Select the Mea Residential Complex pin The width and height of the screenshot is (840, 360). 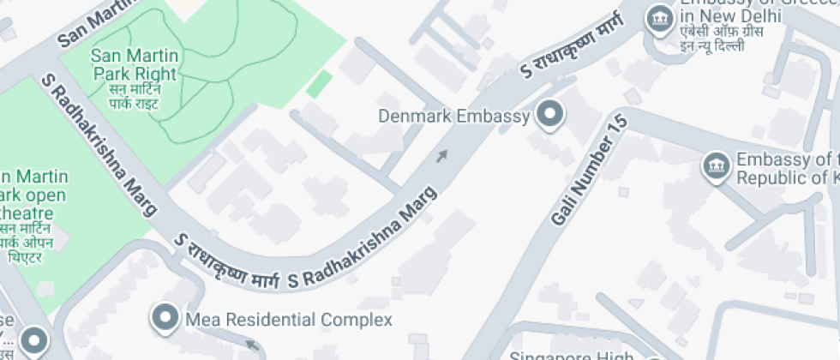point(164,319)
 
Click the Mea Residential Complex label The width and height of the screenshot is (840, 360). point(289,320)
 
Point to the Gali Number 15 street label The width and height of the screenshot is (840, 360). point(590,171)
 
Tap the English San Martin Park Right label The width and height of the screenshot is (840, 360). point(134,64)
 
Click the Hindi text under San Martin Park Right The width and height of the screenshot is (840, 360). point(135,96)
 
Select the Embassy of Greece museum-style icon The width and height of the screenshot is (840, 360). point(659,17)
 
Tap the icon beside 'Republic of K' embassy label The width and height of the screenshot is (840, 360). point(715,166)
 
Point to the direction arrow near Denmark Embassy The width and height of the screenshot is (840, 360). point(441,156)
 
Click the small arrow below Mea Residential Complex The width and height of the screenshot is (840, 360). point(252,345)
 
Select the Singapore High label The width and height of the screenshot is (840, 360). point(571,354)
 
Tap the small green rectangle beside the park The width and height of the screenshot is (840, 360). point(319,84)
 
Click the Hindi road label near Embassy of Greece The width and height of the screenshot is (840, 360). point(573,54)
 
